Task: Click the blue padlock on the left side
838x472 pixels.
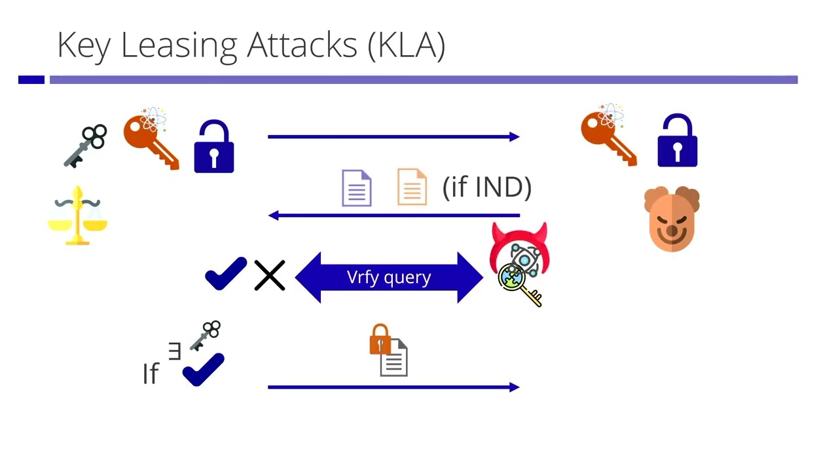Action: pyautogui.click(x=214, y=147)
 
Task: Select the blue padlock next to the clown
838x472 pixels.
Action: pyautogui.click(x=677, y=141)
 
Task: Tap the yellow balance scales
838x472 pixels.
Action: pyautogui.click(x=78, y=216)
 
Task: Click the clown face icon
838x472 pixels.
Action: pyautogui.click(x=672, y=219)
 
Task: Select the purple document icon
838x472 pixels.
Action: pyautogui.click(x=357, y=188)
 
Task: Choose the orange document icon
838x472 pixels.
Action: pyautogui.click(x=412, y=187)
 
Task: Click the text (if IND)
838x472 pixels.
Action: pyautogui.click(x=487, y=187)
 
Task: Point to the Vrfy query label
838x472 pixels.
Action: pyautogui.click(x=389, y=277)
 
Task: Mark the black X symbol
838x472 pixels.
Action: pyautogui.click(x=270, y=276)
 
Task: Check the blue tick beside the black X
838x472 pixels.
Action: pyautogui.click(x=225, y=273)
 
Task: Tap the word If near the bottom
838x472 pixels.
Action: pyautogui.click(x=151, y=374)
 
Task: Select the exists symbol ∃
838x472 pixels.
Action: pyautogui.click(x=174, y=352)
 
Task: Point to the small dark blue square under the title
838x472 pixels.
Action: pyautogui.click(x=31, y=80)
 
